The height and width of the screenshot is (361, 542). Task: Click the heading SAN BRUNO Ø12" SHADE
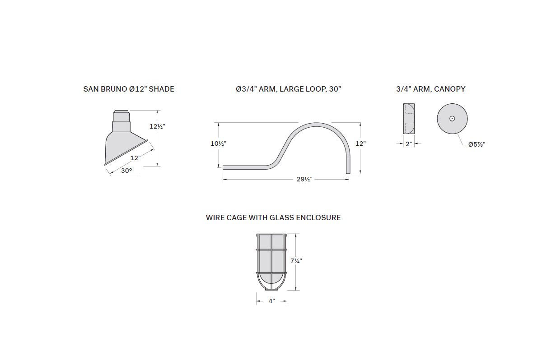pyautogui.click(x=129, y=89)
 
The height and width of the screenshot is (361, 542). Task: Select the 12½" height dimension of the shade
pyautogui.click(x=157, y=126)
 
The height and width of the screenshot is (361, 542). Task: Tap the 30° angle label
pyautogui.click(x=126, y=171)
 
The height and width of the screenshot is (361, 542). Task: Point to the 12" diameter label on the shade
pyautogui.click(x=135, y=158)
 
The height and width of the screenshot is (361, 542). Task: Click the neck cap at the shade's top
pyautogui.click(x=121, y=112)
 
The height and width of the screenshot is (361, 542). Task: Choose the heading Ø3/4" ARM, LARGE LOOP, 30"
pyautogui.click(x=289, y=89)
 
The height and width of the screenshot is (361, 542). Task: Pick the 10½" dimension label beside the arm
pyautogui.click(x=218, y=143)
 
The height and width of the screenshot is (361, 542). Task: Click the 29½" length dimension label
pyautogui.click(x=304, y=180)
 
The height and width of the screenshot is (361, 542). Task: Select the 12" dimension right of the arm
pyautogui.click(x=360, y=143)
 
